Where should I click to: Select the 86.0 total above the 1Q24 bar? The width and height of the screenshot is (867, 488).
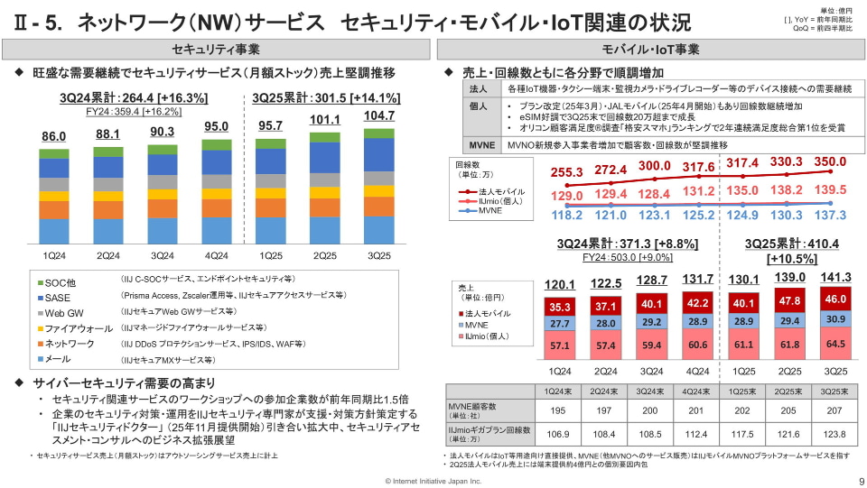click(x=54, y=136)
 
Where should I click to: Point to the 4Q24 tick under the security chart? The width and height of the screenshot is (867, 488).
click(x=216, y=254)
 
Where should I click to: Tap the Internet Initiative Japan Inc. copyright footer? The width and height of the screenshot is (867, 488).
click(x=433, y=482)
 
